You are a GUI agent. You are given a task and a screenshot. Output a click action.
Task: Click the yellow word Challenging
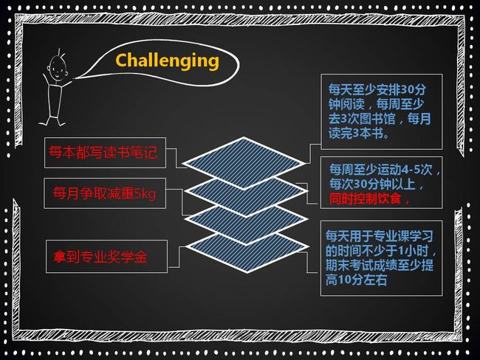click(167, 61)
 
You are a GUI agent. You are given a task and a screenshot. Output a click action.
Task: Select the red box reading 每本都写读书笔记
click(105, 153)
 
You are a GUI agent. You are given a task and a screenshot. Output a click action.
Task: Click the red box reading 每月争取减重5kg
click(105, 193)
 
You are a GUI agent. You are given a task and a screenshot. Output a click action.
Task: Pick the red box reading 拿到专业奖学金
click(106, 256)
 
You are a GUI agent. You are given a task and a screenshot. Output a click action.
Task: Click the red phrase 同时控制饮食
click(366, 198)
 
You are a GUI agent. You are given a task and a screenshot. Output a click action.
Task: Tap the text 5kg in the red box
click(145, 193)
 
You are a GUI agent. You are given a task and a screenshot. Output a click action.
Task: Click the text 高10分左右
click(356, 280)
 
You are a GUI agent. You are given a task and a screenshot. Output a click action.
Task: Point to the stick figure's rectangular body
click(55, 100)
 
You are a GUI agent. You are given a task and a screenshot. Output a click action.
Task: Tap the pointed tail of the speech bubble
click(75, 78)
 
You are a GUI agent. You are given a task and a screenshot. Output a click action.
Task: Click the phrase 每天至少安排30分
click(377, 89)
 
